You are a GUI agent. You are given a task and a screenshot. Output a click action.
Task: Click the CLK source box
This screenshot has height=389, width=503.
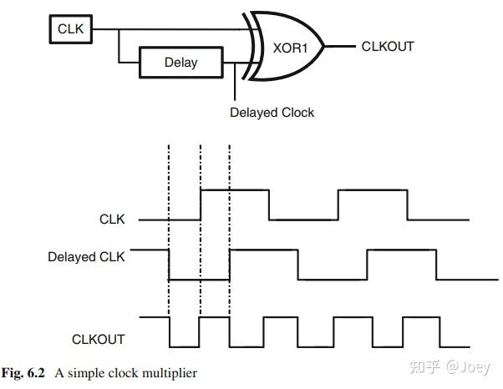(71, 29)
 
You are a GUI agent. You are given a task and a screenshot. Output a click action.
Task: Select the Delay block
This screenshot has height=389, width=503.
(181, 63)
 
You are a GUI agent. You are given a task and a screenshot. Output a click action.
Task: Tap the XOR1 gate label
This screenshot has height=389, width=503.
(290, 48)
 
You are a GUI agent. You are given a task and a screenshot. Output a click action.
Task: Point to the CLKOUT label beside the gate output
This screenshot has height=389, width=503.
(388, 47)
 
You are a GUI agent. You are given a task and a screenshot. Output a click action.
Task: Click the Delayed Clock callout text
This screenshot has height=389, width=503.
(272, 113)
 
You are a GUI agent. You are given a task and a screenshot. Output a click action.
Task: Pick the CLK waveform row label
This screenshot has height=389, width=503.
(112, 220)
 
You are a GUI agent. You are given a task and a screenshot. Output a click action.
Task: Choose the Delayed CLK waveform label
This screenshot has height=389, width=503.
(86, 257)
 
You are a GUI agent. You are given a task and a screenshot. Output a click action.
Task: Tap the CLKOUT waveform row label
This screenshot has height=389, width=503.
(98, 340)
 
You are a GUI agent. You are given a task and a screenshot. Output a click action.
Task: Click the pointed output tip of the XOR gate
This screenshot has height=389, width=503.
(324, 47)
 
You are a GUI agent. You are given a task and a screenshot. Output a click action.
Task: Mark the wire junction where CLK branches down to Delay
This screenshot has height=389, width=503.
(119, 29)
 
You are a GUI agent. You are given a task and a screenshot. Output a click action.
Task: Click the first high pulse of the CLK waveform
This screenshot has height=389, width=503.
(235, 190)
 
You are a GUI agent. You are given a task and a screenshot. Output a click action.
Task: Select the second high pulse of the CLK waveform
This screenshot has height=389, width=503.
(373, 190)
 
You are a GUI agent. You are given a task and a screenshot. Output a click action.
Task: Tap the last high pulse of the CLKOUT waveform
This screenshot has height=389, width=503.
(421, 317)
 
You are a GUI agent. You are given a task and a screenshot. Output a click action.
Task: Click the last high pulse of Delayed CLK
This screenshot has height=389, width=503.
(402, 250)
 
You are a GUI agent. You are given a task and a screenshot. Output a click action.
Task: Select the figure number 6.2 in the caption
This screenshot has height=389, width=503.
(36, 373)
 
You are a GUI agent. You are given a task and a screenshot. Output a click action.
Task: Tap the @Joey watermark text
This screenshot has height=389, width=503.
(468, 367)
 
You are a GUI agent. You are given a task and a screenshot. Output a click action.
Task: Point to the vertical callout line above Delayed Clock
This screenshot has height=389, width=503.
(235, 82)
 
